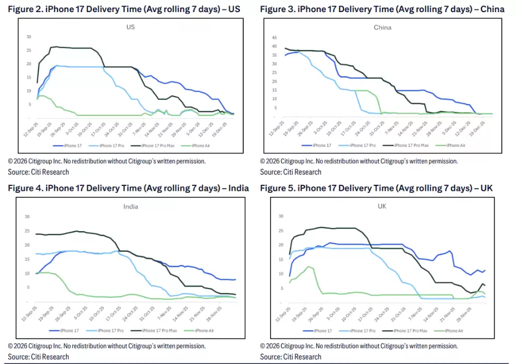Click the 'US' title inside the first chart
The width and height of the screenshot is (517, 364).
[130, 27]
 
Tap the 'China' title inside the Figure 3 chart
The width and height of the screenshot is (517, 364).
[382, 27]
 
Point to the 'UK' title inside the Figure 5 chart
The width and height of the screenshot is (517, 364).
[382, 206]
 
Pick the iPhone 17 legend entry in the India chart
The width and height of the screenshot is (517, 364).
[66, 330]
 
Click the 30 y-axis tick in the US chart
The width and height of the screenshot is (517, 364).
[28, 36]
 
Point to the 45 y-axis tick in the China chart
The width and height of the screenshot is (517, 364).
[275, 37]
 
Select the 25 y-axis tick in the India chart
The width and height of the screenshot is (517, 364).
[27, 231]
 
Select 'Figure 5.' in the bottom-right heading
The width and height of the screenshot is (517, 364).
[278, 188]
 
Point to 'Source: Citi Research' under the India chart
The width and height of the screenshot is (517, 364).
[38, 357]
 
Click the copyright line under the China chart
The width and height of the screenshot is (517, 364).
[358, 161]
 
